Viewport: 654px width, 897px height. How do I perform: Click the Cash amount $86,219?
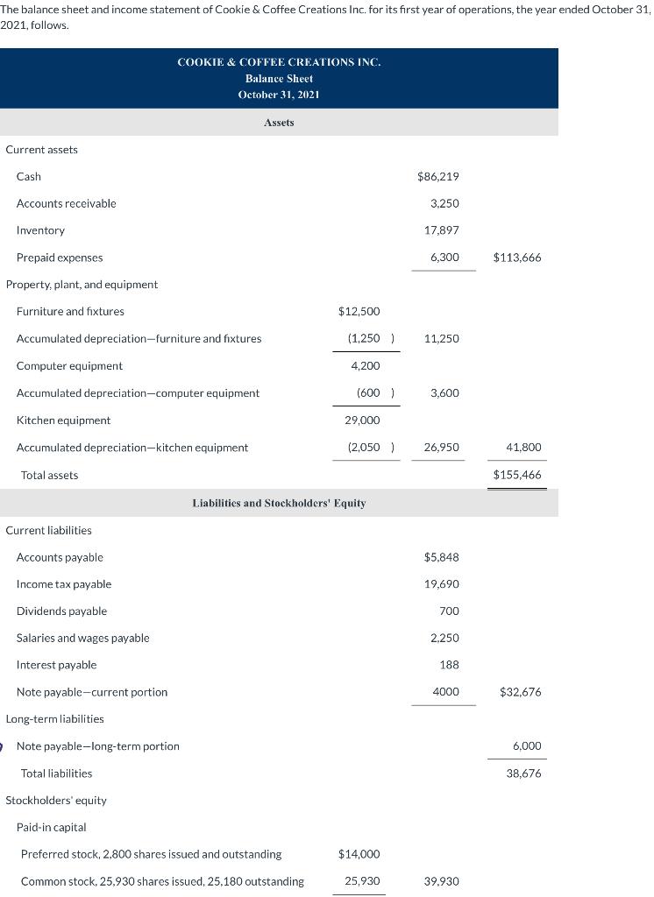(x=439, y=177)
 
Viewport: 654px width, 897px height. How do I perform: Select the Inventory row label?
(x=40, y=230)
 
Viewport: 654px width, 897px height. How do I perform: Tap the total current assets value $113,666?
(x=517, y=258)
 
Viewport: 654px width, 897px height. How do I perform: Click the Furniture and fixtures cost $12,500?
(x=359, y=312)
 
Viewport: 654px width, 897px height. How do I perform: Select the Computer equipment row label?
(x=69, y=366)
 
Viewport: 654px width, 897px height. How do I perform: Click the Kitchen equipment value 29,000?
(x=362, y=420)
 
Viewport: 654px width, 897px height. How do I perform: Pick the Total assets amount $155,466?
(x=517, y=475)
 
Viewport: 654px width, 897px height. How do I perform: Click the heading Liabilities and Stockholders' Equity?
(x=279, y=504)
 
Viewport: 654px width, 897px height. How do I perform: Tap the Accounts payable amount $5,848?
(x=441, y=557)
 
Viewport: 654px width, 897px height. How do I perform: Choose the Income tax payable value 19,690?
(x=441, y=584)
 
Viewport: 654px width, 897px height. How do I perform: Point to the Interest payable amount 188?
(x=449, y=665)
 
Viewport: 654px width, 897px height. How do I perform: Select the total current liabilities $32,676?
(x=520, y=692)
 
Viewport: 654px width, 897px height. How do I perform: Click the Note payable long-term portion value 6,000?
(x=527, y=746)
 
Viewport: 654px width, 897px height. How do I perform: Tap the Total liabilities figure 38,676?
(x=524, y=773)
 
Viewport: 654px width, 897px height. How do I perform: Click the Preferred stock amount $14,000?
(x=359, y=854)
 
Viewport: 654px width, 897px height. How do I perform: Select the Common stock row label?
(x=162, y=881)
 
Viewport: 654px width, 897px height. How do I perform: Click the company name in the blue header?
(x=279, y=62)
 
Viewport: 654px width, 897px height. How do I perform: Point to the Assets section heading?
(x=279, y=123)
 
